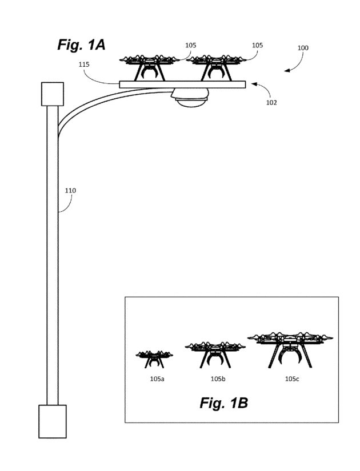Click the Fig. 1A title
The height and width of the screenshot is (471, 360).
coord(81,45)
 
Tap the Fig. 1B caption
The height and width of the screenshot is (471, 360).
coord(223,403)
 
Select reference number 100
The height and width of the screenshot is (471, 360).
coord(303,48)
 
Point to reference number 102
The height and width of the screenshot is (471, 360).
coord(271,103)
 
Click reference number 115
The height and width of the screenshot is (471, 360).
coord(84,65)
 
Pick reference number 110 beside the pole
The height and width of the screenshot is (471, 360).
coord(70,190)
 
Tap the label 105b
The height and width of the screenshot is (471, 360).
coord(217,379)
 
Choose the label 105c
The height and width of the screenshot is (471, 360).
coord(291,379)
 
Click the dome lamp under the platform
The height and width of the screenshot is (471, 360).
coord(191,99)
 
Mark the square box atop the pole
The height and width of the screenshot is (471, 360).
coord(52,94)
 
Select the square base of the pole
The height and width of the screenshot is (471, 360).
coord(52,421)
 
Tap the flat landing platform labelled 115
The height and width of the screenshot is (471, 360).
coord(183,84)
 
